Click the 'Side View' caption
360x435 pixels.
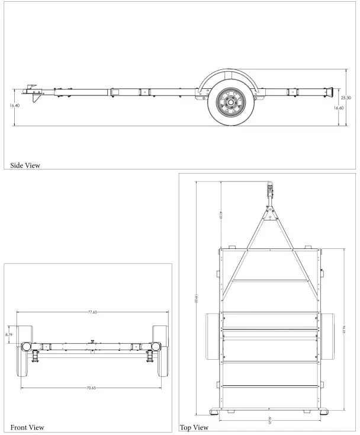(25, 165)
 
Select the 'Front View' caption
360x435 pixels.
(27, 427)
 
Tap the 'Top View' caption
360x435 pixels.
(194, 427)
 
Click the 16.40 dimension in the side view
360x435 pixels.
(14, 105)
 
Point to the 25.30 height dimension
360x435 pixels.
(346, 97)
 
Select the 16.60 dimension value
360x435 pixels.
(338, 108)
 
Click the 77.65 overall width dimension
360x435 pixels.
(92, 311)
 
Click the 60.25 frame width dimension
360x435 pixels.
(270, 420)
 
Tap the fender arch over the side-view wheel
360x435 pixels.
(227, 76)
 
